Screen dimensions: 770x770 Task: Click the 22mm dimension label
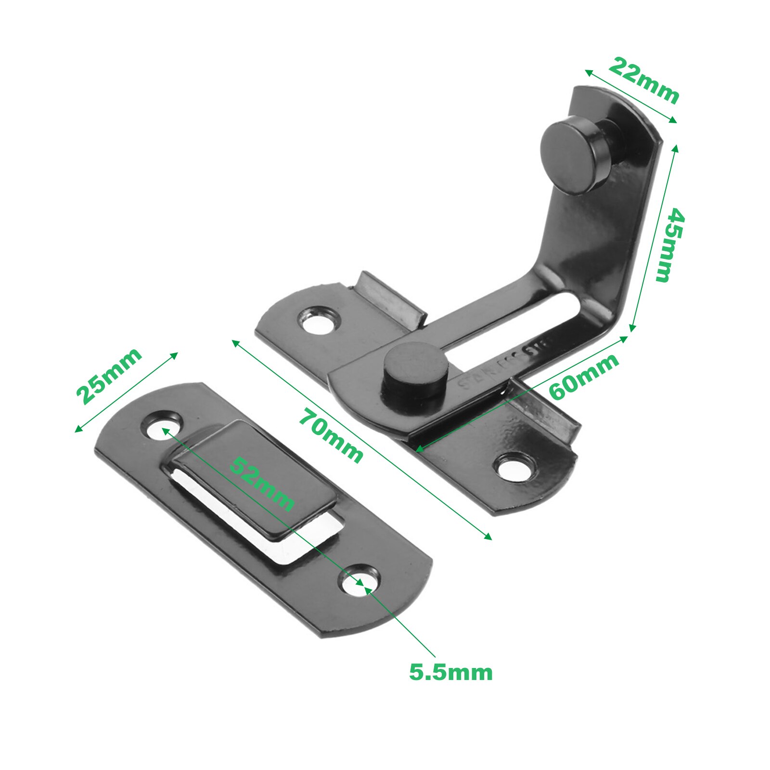tap(643, 80)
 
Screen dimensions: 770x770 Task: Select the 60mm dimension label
tap(583, 377)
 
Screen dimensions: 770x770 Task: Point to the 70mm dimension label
tap(331, 435)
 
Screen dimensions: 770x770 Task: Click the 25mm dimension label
tap(109, 376)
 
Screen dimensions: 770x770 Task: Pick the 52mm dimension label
tap(261, 483)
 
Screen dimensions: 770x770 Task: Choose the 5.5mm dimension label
tap(451, 672)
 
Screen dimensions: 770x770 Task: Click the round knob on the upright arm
tap(568, 157)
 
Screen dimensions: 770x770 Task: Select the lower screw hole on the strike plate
tap(359, 581)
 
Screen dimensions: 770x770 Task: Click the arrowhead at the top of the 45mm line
tap(675, 147)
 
